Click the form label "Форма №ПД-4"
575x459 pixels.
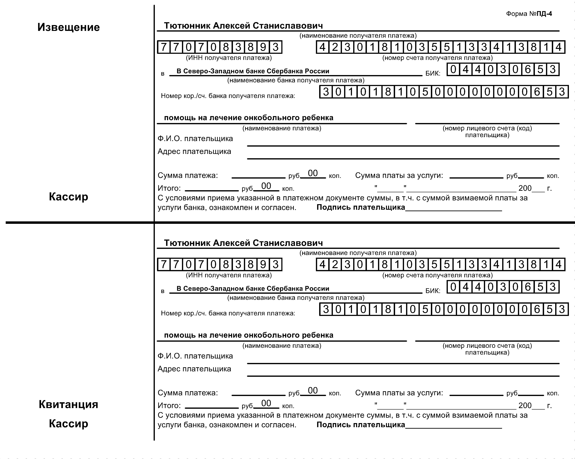(529, 14)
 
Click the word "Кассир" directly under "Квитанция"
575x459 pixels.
(69, 424)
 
